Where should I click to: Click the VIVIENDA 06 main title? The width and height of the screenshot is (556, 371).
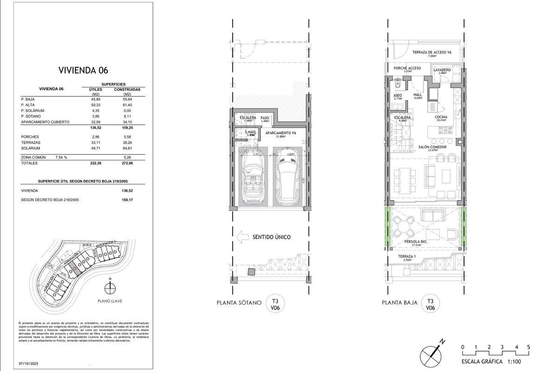[83, 70]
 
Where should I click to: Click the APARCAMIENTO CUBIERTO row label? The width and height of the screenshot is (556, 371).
[45, 122]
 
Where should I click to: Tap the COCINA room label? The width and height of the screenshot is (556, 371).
[441, 118]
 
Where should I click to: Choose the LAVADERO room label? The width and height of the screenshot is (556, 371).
[442, 70]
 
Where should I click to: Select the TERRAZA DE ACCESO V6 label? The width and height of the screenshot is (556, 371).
[432, 52]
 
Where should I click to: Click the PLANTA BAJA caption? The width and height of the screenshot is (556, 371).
[399, 303]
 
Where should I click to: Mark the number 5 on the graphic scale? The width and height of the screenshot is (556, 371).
[528, 347]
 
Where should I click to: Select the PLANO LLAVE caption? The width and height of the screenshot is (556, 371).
[109, 301]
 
